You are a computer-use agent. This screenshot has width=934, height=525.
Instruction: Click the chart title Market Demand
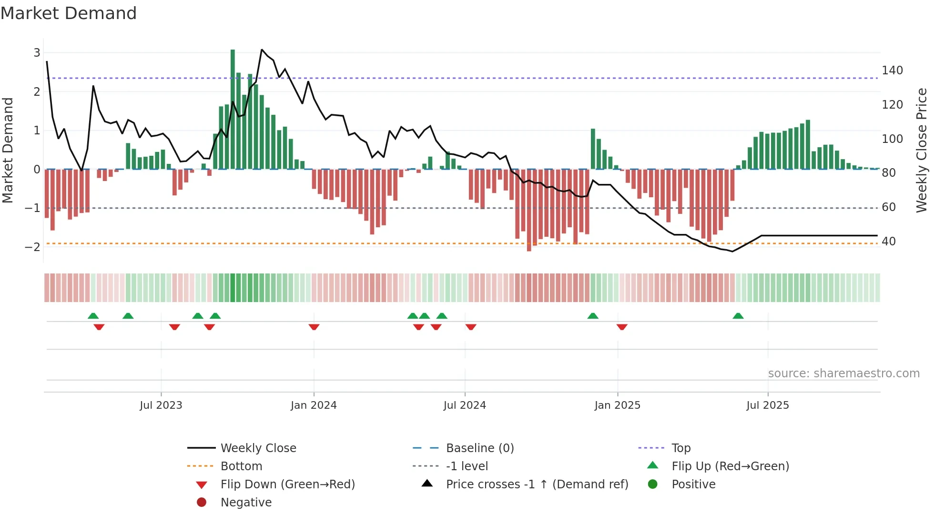tap(69, 13)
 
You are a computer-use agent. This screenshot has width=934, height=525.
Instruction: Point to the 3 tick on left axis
tap(37, 53)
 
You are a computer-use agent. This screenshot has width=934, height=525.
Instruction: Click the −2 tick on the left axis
tap(33, 247)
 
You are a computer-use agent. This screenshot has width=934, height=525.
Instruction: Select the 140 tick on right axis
tap(892, 71)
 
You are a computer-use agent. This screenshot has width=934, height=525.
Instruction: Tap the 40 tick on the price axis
tap(888, 242)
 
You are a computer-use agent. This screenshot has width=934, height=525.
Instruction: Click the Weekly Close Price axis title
tap(922, 150)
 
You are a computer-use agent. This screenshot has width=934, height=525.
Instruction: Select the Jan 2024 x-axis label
tap(314, 405)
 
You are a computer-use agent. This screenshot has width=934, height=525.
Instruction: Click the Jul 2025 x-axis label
tap(768, 405)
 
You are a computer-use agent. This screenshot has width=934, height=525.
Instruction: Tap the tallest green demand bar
tap(233, 110)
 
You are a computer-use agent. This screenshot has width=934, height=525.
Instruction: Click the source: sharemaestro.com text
tap(843, 374)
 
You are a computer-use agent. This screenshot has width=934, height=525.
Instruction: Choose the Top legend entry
tap(680, 448)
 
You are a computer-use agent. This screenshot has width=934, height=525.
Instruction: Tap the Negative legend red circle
tap(202, 503)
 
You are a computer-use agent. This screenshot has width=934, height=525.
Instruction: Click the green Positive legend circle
tap(653, 485)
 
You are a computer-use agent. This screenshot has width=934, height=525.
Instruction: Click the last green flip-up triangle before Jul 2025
tap(738, 316)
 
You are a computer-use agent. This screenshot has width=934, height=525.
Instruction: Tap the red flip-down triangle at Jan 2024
tap(314, 327)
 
